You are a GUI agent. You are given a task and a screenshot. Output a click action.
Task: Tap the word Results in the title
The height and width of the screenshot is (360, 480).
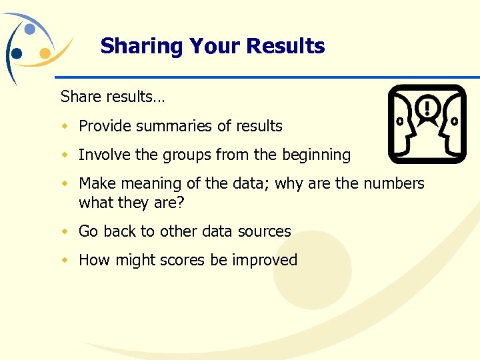click(285, 46)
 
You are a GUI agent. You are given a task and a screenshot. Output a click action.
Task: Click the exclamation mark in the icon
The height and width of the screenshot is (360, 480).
click(427, 107)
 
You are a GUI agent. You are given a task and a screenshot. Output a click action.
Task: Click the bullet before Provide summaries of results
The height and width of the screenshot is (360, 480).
click(65, 126)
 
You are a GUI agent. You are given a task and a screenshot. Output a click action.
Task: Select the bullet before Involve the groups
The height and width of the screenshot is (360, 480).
click(65, 155)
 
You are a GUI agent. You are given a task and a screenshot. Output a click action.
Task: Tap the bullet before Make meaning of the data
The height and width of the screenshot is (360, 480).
click(65, 183)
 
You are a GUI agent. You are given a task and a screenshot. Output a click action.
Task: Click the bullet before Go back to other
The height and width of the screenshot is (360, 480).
click(65, 231)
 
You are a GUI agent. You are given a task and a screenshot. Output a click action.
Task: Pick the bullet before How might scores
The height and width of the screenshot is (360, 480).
click(65, 260)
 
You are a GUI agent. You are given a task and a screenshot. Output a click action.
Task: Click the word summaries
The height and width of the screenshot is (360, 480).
click(159, 126)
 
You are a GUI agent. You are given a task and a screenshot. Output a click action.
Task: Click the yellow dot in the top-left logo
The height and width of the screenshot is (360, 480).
click(45, 53)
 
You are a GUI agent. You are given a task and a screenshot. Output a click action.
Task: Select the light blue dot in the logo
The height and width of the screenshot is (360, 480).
click(30, 29)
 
